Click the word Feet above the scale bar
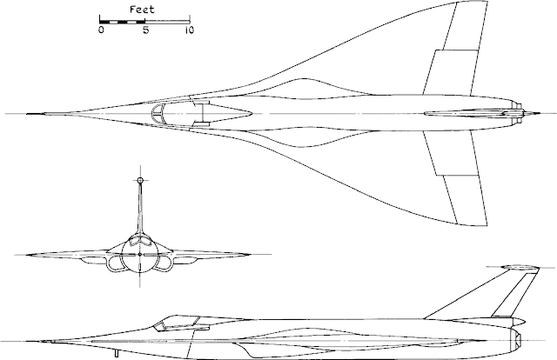coord(142,10)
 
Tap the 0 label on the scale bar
coord(102,30)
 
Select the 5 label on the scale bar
coord(146,30)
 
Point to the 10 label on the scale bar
coord(190,30)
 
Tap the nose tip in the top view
coord(27,114)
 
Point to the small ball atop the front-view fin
coord(140,180)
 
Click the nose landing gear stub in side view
coord(116,353)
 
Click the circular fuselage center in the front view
coord(140,255)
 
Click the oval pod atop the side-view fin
coord(518,267)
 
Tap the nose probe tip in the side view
coord(40,342)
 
